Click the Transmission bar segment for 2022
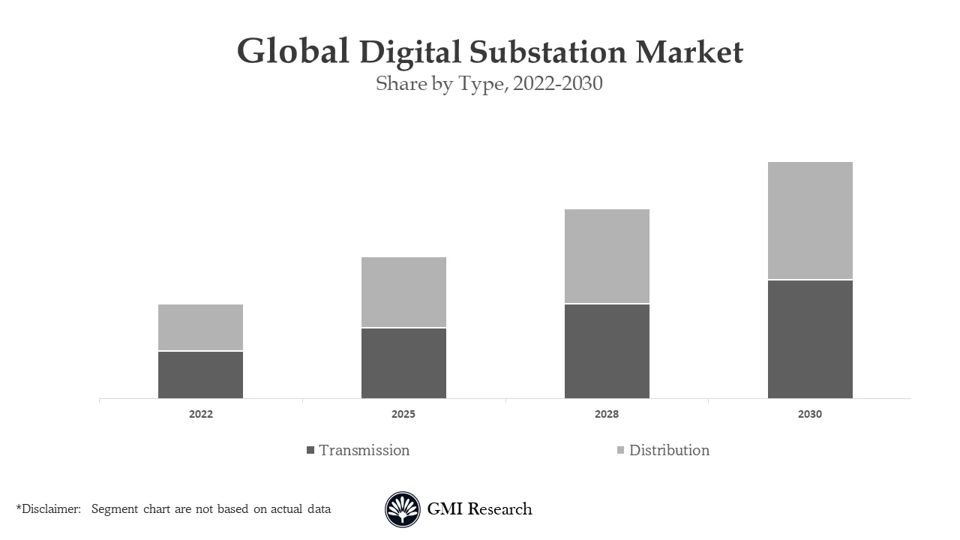(200, 375)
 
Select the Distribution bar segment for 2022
(200, 327)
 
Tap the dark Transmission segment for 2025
(403, 363)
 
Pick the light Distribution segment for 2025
(403, 292)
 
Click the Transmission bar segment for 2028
(607, 351)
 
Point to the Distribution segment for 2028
(607, 256)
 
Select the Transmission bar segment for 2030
(810, 339)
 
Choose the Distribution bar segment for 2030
(810, 220)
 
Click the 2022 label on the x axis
(200, 414)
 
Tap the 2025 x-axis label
(403, 414)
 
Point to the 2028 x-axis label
(607, 414)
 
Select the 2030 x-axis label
(810, 414)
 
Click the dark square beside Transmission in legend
(310, 450)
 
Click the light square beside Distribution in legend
(620, 450)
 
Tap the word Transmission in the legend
(364, 450)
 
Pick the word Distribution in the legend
(669, 450)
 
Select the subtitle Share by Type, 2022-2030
(489, 83)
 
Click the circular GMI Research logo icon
(403, 509)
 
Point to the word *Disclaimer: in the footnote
(48, 509)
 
